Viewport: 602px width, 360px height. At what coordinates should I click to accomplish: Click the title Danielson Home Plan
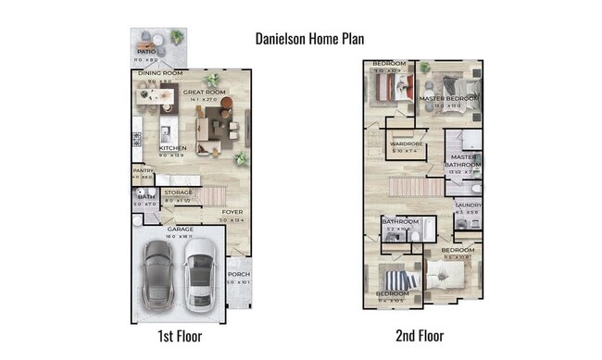[309, 39]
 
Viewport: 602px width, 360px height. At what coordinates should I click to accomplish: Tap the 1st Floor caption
[180, 336]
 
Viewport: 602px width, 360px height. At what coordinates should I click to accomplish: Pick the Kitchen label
[173, 148]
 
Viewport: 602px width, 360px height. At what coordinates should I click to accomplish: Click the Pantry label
[142, 170]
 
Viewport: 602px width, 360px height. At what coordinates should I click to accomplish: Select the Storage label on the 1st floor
[178, 192]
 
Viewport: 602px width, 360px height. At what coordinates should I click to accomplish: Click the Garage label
[180, 229]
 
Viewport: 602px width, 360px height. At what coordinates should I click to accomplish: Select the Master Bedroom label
[449, 98]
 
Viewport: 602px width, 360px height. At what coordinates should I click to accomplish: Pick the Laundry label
[467, 205]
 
